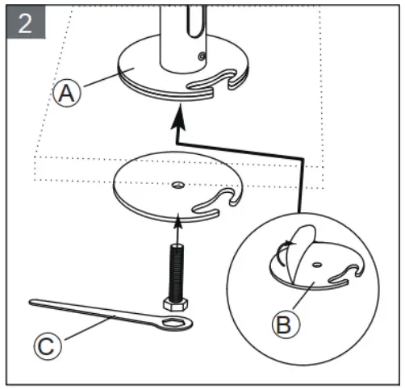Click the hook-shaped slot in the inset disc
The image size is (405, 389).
[347, 274]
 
